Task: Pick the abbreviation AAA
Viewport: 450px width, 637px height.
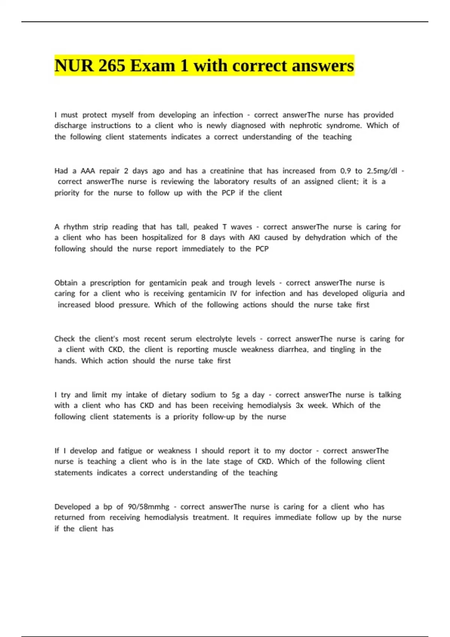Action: tap(88, 171)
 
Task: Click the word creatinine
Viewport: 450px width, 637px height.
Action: tap(231, 171)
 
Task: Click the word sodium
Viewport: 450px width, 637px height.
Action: tap(203, 395)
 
